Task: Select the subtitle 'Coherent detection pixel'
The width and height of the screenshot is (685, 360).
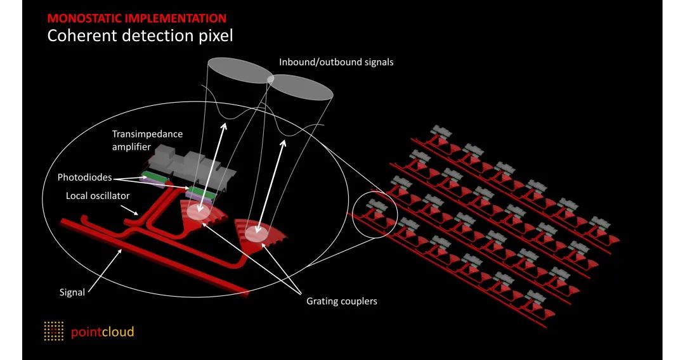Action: coord(140,35)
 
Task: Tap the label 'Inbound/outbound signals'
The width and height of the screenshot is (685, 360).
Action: coord(337,62)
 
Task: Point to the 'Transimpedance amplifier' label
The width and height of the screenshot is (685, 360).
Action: coord(147,140)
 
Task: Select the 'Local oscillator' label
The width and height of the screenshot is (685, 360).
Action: coord(98,196)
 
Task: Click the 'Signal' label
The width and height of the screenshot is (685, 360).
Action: coord(72,293)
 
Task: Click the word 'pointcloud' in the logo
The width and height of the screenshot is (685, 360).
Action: coord(102,331)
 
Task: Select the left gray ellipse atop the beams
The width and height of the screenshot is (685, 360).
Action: coord(239,70)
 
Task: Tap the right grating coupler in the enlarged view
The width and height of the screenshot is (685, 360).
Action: coord(259,234)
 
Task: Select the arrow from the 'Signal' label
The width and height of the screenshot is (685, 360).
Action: coord(105,269)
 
